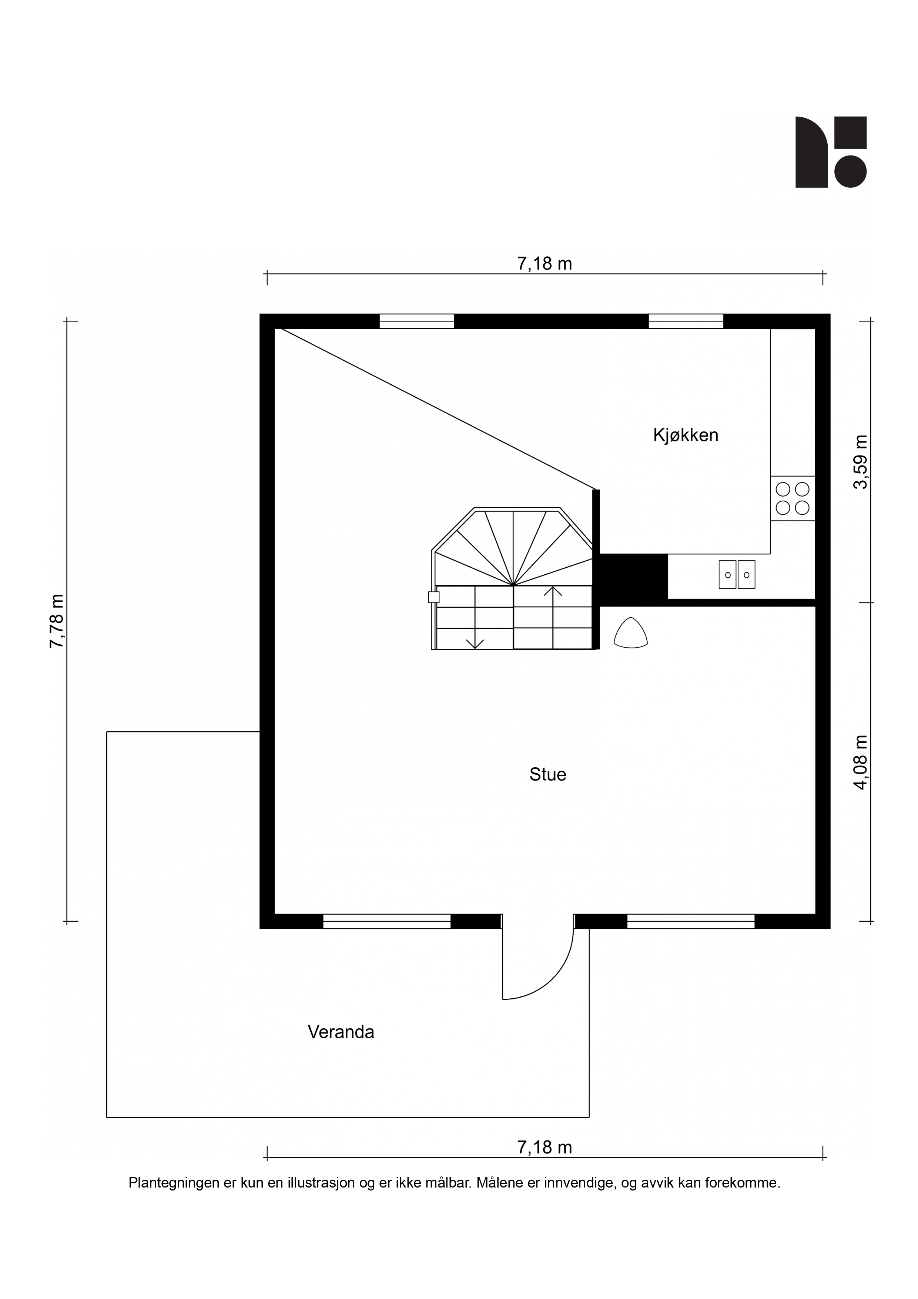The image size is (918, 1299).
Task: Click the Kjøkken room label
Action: tap(686, 435)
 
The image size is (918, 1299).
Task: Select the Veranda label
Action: tap(341, 1032)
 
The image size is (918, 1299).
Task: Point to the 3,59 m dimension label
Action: tap(860, 462)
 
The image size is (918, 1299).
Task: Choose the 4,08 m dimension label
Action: tap(860, 762)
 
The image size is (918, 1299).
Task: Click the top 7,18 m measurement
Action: tap(545, 264)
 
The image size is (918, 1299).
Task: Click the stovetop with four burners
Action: tap(793, 498)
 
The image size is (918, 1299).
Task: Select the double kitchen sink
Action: tap(737, 574)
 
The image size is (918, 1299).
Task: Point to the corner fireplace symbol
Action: tap(631, 632)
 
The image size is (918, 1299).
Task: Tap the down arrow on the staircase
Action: tap(475, 643)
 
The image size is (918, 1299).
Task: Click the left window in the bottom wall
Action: tap(387, 921)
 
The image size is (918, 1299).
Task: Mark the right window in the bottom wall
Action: tap(691, 921)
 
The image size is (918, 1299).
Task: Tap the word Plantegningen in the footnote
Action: tap(174, 1183)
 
